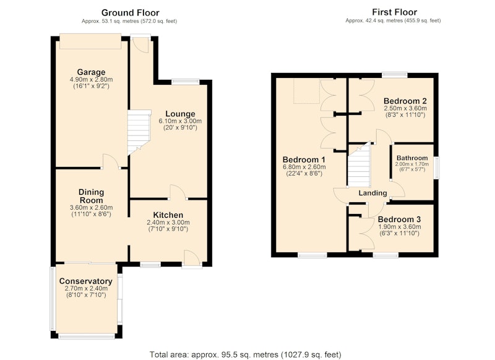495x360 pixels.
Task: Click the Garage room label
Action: [91, 72]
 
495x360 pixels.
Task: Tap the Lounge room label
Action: [180, 114]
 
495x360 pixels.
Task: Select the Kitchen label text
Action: [168, 215]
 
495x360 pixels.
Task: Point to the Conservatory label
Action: [86, 281]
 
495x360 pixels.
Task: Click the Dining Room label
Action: [91, 196]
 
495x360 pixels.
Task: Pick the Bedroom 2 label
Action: [405, 101]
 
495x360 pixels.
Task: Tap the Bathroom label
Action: [412, 158]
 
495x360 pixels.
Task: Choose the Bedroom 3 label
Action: [399, 220]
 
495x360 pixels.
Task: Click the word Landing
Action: [372, 193]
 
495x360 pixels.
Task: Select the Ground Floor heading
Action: [130, 12]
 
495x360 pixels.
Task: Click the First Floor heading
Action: [394, 12]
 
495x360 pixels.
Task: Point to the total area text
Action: [245, 354]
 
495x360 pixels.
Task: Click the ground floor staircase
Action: [139, 132]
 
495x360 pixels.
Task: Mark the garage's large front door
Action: [90, 41]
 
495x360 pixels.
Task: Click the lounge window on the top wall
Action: [186, 82]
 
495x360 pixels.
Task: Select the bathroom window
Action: [436, 168]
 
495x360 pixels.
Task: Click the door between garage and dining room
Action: [111, 161]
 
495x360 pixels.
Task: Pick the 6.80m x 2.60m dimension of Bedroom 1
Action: [304, 167]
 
